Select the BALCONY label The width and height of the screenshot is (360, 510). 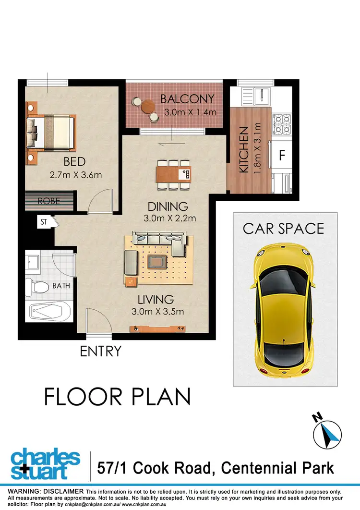tap(187, 99)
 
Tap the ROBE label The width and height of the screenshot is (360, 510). tap(49, 201)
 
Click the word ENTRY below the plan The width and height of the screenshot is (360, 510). tap(101, 352)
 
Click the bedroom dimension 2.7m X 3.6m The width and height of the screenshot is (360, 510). tap(75, 175)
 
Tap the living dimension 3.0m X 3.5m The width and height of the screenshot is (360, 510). tap(158, 311)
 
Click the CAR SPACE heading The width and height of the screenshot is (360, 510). tap(283, 228)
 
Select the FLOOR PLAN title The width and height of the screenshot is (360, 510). tap(118, 397)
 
